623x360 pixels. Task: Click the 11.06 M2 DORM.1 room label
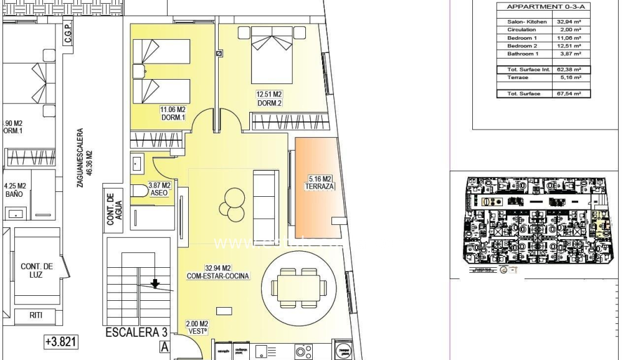point(173,113)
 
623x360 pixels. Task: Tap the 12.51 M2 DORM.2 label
point(269,99)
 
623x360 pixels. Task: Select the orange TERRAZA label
point(320,182)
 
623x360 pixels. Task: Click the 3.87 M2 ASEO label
point(159,189)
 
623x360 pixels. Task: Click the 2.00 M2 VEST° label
point(197,328)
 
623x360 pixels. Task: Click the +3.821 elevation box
point(61,341)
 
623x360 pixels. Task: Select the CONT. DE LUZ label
point(36,270)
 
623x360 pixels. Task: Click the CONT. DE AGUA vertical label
point(113,209)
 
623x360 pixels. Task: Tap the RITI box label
point(36,316)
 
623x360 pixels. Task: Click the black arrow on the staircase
point(155,284)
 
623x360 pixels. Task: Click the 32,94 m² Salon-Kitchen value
point(568,22)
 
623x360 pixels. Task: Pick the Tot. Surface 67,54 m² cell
point(568,93)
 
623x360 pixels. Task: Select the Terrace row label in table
point(518,78)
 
